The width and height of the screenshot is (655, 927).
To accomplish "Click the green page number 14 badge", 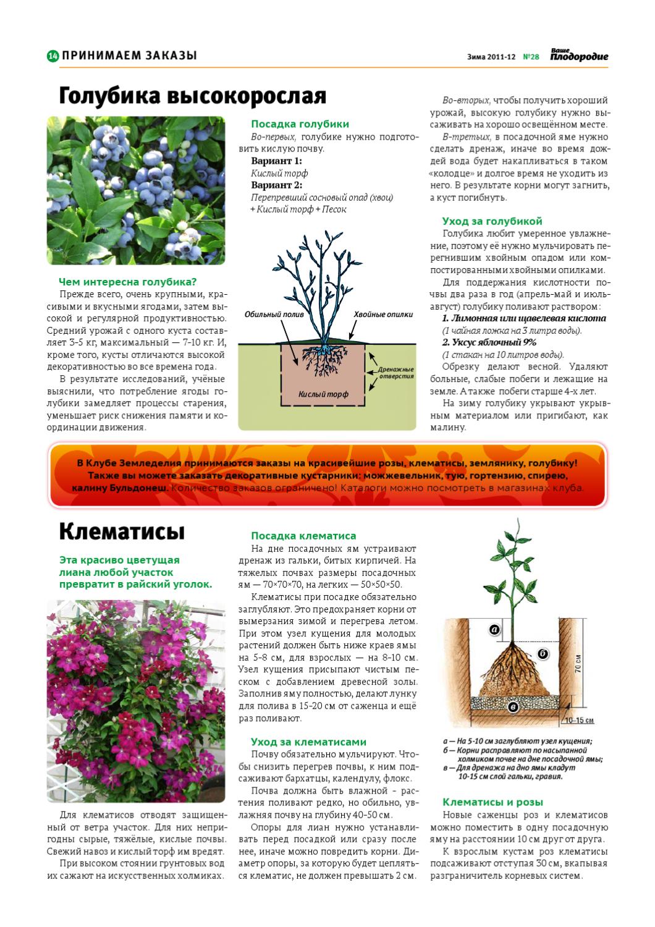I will pyautogui.click(x=53, y=56).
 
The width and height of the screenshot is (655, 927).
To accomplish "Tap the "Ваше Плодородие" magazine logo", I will pyautogui.click(x=578, y=56).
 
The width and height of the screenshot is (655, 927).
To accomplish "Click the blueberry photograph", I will pyautogui.click(x=136, y=191).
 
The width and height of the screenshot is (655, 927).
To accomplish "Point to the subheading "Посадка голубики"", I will pyautogui.click(x=300, y=124).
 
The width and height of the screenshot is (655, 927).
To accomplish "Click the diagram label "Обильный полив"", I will pyautogui.click(x=274, y=314).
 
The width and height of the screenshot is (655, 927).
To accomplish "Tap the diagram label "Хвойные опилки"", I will pyautogui.click(x=383, y=314).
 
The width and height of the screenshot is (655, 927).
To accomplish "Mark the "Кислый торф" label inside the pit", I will pyautogui.click(x=323, y=394).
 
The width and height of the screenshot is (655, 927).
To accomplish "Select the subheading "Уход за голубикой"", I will pyautogui.click(x=492, y=221).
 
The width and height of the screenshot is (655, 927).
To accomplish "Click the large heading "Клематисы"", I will pyautogui.click(x=122, y=530).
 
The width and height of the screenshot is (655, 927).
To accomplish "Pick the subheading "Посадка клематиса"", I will pyautogui.click(x=303, y=536).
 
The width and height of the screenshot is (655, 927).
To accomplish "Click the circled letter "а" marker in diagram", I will pyautogui.click(x=494, y=630).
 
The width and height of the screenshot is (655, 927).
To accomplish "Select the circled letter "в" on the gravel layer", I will pyautogui.click(x=512, y=705).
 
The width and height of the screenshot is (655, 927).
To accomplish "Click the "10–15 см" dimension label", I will pyautogui.click(x=578, y=721).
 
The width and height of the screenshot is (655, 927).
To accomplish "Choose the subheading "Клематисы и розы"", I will pyautogui.click(x=492, y=802).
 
